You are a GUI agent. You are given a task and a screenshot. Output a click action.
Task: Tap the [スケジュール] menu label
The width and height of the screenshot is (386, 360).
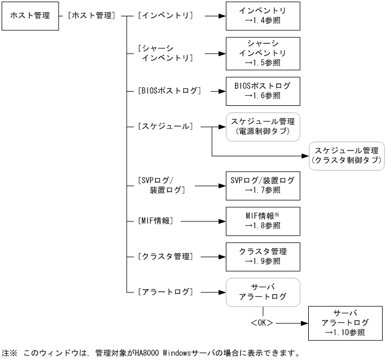[165, 126]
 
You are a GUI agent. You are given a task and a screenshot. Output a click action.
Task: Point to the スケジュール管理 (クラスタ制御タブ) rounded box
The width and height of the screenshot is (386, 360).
[345, 155]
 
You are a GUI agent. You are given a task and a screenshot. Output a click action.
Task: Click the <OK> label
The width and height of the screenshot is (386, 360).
[263, 323]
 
